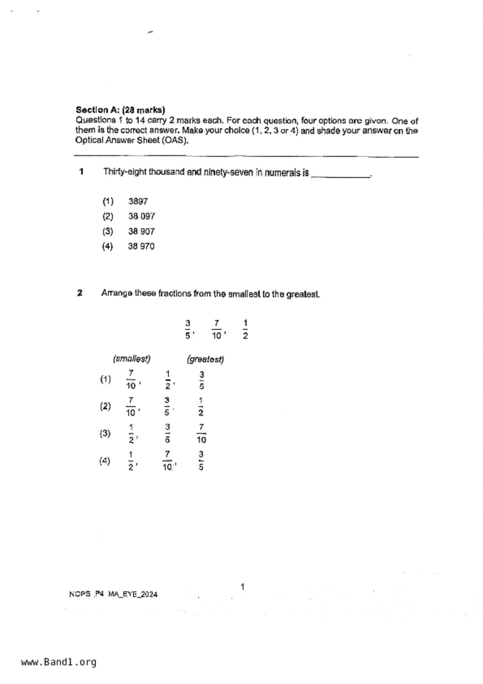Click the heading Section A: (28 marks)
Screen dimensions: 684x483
pyautogui.click(x=120, y=110)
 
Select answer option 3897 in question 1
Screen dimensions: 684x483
pyautogui.click(x=138, y=202)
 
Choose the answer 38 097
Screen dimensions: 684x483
pyautogui.click(x=142, y=216)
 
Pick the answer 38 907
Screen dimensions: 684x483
pyautogui.click(x=141, y=232)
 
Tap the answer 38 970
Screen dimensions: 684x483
pyautogui.click(x=141, y=246)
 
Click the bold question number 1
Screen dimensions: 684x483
pyautogui.click(x=81, y=172)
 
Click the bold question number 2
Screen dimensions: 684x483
pyautogui.click(x=80, y=293)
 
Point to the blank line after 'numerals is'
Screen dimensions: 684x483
pyautogui.click(x=340, y=175)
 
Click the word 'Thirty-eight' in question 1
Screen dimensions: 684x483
pyautogui.click(x=124, y=172)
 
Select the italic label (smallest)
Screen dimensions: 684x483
pyautogui.click(x=132, y=359)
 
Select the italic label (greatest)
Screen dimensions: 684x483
pyautogui.click(x=205, y=359)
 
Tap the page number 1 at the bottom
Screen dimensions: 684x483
pyautogui.click(x=242, y=587)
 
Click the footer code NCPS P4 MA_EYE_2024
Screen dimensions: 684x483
pyautogui.click(x=113, y=594)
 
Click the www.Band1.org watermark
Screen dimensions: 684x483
pyautogui.click(x=58, y=662)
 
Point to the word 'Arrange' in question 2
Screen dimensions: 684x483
pyautogui.click(x=117, y=293)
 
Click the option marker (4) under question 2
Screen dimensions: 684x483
pyautogui.click(x=105, y=461)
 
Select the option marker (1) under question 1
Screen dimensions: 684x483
pyautogui.click(x=108, y=202)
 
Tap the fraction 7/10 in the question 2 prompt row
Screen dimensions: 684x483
pyautogui.click(x=216, y=330)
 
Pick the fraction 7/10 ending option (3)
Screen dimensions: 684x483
pyautogui.click(x=201, y=434)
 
